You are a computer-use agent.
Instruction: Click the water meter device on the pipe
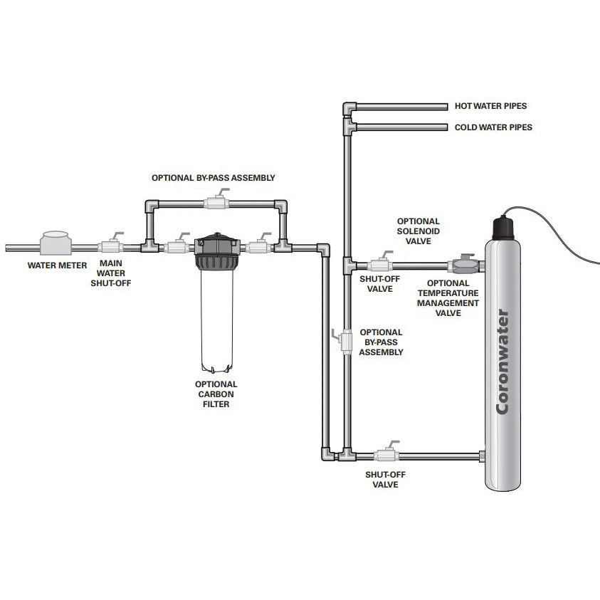56,243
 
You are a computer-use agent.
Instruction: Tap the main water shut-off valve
110,246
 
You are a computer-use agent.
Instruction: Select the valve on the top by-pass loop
216,203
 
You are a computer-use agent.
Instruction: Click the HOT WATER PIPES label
490,106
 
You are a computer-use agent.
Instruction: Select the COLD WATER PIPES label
493,127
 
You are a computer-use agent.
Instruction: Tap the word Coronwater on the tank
502,362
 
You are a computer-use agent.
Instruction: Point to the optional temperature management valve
462,266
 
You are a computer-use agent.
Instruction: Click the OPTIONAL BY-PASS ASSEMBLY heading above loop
213,177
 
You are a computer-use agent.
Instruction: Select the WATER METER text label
57,265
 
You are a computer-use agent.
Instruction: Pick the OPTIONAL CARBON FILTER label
216,394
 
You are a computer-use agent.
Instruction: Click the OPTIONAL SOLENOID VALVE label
418,231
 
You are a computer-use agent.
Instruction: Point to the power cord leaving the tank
562,228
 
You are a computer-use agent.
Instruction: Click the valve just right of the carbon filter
258,246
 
